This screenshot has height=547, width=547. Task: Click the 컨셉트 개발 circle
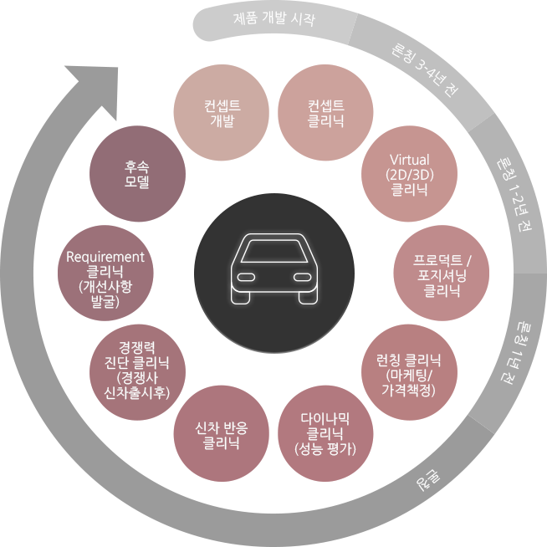point(222,112)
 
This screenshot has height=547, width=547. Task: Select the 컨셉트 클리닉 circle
point(325,112)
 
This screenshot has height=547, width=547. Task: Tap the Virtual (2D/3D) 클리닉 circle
point(409,174)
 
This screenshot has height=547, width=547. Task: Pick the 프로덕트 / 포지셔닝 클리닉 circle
point(442,273)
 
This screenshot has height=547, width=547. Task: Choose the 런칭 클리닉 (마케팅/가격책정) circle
point(409,372)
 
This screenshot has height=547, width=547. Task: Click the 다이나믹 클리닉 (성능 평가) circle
point(325,433)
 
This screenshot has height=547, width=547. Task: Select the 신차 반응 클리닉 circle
point(222,433)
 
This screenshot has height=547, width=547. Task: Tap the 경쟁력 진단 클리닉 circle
point(137,372)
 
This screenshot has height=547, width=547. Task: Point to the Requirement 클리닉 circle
point(105,273)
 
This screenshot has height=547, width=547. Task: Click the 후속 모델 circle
point(137,174)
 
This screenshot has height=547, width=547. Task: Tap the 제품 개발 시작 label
point(274,18)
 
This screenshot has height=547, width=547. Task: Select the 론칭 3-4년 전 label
point(424,69)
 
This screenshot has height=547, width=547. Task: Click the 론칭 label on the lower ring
point(428,480)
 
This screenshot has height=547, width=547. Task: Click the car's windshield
point(274,251)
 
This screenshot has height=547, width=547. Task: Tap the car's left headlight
point(246,278)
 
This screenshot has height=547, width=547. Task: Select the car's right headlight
point(302,278)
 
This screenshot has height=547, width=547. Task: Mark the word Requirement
point(105,258)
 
